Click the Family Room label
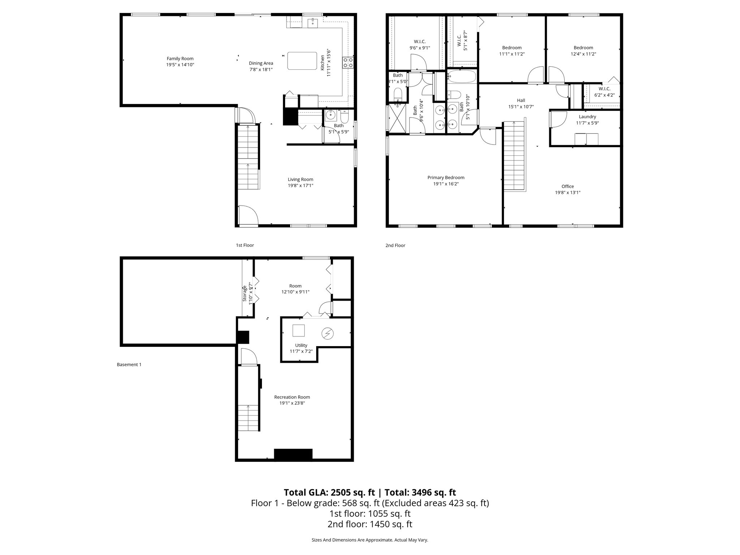[180, 59]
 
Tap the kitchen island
[302, 61]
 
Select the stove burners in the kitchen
[348, 63]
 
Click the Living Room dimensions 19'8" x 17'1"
[300, 186]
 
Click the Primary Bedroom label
[446, 177]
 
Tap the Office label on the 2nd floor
[568, 186]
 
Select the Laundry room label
[587, 117]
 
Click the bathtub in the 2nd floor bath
[462, 76]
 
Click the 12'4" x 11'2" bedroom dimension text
[583, 54]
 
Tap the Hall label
[521, 100]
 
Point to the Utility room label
[301, 345]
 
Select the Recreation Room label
[292, 397]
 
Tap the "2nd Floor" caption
[395, 245]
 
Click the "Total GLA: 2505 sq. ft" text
[330, 492]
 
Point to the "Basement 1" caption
[129, 365]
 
